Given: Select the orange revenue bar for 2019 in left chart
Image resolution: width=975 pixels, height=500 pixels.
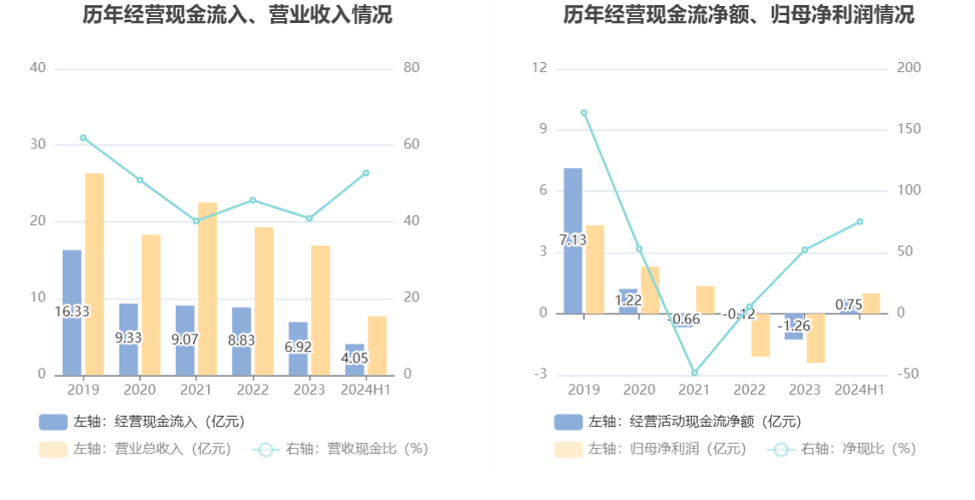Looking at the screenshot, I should [x=94, y=273].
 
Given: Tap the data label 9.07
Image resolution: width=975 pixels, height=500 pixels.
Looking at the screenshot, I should [x=185, y=339].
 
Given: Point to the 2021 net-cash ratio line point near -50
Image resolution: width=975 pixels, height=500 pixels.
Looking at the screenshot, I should [x=694, y=373].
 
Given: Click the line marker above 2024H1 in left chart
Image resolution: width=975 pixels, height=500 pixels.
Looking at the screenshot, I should [x=366, y=173].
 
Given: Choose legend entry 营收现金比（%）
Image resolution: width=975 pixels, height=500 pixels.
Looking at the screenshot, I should [x=340, y=449].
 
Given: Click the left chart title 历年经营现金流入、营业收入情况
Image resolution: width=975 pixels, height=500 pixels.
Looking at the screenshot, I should [x=237, y=14].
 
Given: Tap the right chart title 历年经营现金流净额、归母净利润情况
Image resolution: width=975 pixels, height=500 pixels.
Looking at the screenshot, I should [x=738, y=14].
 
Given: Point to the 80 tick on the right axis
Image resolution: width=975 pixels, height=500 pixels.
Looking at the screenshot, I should [x=411, y=68].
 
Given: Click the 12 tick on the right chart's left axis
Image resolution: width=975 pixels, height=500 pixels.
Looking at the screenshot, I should [x=539, y=68].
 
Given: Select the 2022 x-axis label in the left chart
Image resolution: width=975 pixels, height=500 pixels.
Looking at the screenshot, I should [x=252, y=390].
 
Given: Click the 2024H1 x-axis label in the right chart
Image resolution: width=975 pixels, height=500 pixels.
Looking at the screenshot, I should [x=860, y=390].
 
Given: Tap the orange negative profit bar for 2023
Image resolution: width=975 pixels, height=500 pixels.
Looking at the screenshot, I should [x=815, y=338].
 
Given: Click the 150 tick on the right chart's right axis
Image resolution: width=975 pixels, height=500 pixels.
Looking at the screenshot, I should [x=909, y=129].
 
